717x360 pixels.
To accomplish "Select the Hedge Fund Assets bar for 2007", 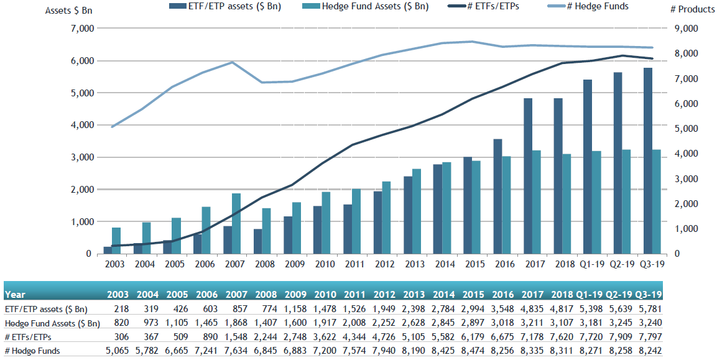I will [x=236, y=224].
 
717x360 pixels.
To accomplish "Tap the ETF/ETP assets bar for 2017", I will [x=527, y=176].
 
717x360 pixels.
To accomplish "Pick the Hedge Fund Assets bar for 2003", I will [x=116, y=241].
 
